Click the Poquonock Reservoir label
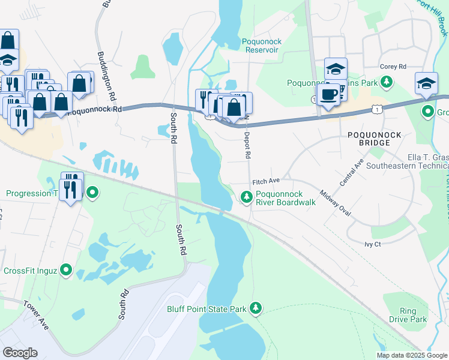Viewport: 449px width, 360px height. (262, 46)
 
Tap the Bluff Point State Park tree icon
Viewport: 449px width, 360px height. (256, 308)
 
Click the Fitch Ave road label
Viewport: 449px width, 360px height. (267, 181)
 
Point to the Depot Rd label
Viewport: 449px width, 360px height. (247, 145)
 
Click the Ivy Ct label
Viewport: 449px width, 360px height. (373, 244)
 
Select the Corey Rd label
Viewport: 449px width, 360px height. (393, 67)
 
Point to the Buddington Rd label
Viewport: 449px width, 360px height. (105, 76)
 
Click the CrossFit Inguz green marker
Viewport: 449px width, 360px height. (67, 271)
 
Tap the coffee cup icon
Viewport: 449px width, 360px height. (328, 95)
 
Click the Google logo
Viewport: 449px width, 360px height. (20, 353)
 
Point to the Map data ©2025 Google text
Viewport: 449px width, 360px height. (411, 355)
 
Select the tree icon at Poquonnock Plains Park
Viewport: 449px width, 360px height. (388, 82)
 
